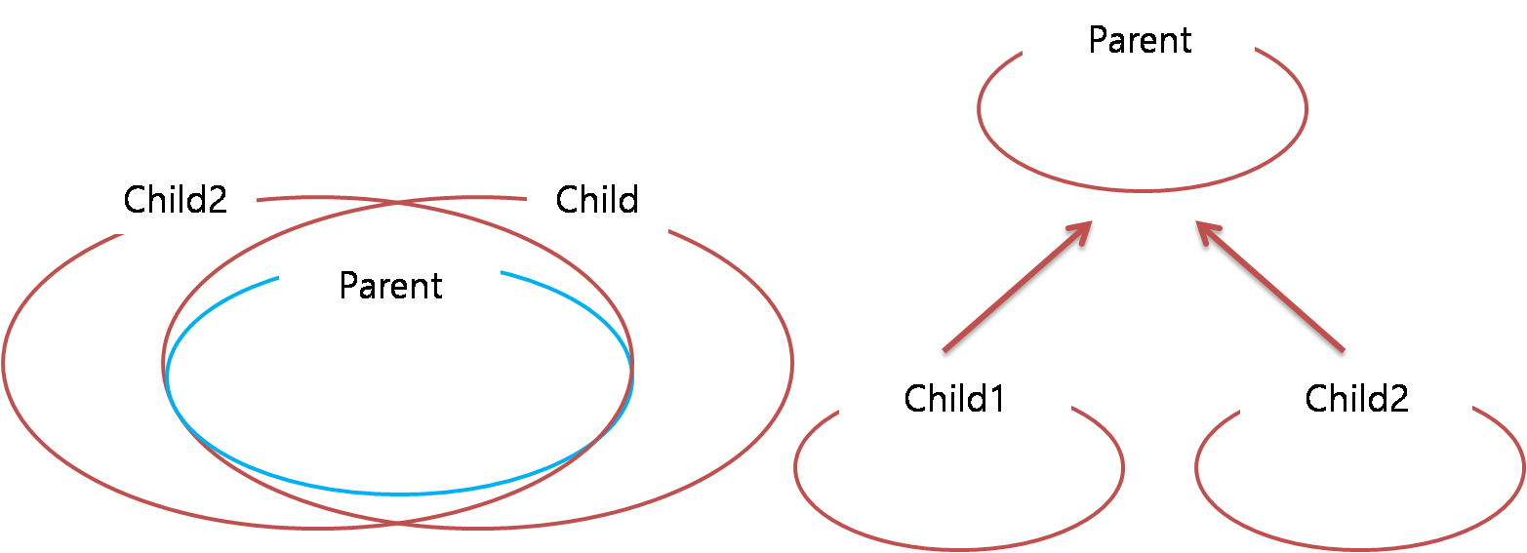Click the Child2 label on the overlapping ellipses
175,199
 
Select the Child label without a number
597,199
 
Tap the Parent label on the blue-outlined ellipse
390,285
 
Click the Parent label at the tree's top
1140,40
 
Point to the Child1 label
954,398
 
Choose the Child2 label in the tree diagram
1356,398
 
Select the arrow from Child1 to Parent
1015,288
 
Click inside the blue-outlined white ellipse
400,390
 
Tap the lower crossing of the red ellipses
398,524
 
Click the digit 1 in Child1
996,398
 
